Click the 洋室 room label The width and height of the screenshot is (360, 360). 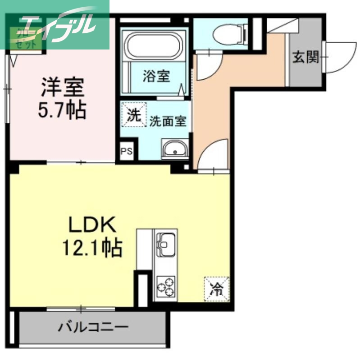tap(63, 87)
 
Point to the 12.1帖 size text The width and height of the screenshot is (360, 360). tap(93, 247)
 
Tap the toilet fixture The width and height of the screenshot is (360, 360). tap(228, 32)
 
